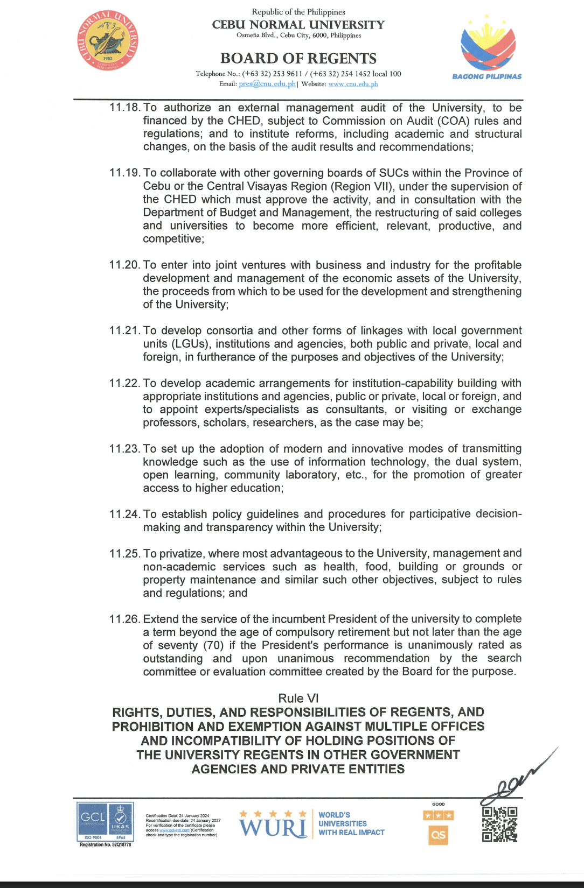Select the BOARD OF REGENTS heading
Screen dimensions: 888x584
[x=298, y=58]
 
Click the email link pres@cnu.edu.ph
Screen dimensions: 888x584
[x=267, y=84]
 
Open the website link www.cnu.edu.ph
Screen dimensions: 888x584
[x=353, y=84]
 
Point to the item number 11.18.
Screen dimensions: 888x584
[x=124, y=108]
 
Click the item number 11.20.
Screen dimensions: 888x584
[x=124, y=265]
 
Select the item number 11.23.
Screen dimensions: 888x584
[x=124, y=449]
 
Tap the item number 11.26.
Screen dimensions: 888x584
[x=124, y=619]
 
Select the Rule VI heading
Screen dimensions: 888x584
[x=298, y=698]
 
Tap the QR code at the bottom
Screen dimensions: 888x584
[x=499, y=824]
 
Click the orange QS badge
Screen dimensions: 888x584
[x=439, y=835]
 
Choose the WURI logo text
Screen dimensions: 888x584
[x=274, y=827]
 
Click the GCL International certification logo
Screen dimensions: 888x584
[x=106, y=822]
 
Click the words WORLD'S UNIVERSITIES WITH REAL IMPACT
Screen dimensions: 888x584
[x=351, y=823]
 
